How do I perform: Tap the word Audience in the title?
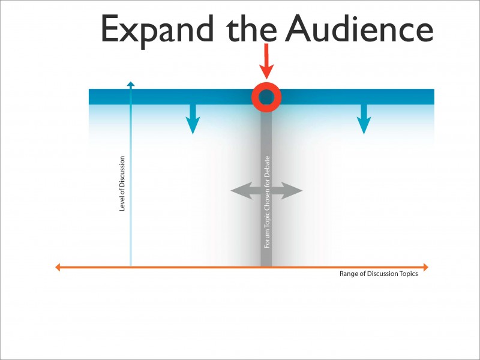point(358,28)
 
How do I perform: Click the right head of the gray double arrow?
point(295,191)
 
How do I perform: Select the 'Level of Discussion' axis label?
point(122,184)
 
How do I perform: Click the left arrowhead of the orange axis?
point(58,267)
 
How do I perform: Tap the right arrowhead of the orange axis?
point(425,267)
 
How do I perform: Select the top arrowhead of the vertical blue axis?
point(131,83)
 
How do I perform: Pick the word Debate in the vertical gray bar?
point(267,167)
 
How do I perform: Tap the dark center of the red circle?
point(266,97)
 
